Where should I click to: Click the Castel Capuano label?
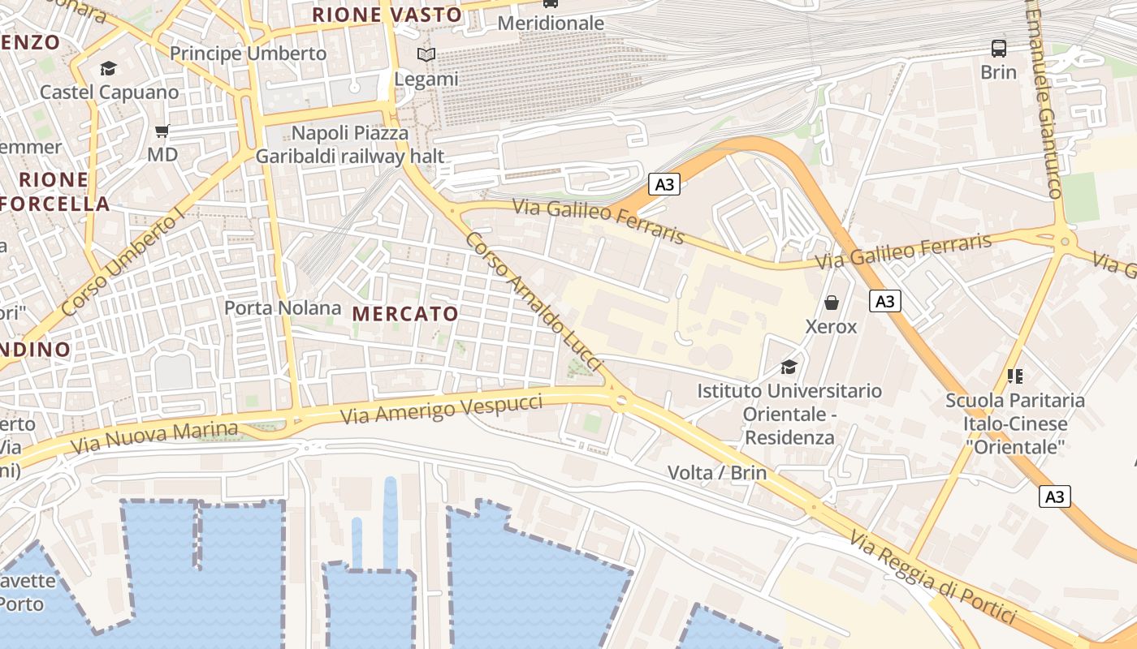[x=110, y=92]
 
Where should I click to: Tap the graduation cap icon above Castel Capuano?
[x=108, y=68]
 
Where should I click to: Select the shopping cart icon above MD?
[x=162, y=131]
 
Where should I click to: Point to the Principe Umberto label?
[x=248, y=54]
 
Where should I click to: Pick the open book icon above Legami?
[x=426, y=55]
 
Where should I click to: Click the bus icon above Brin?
[x=998, y=49]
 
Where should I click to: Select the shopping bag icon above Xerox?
[x=831, y=303]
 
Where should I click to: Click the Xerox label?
[x=831, y=327]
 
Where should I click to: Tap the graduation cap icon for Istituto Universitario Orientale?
[x=789, y=367]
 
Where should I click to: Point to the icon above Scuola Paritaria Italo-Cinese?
[x=1014, y=376]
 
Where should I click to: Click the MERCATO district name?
[x=405, y=313]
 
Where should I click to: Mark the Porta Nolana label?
[x=283, y=308]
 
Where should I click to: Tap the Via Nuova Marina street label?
[x=154, y=438]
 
